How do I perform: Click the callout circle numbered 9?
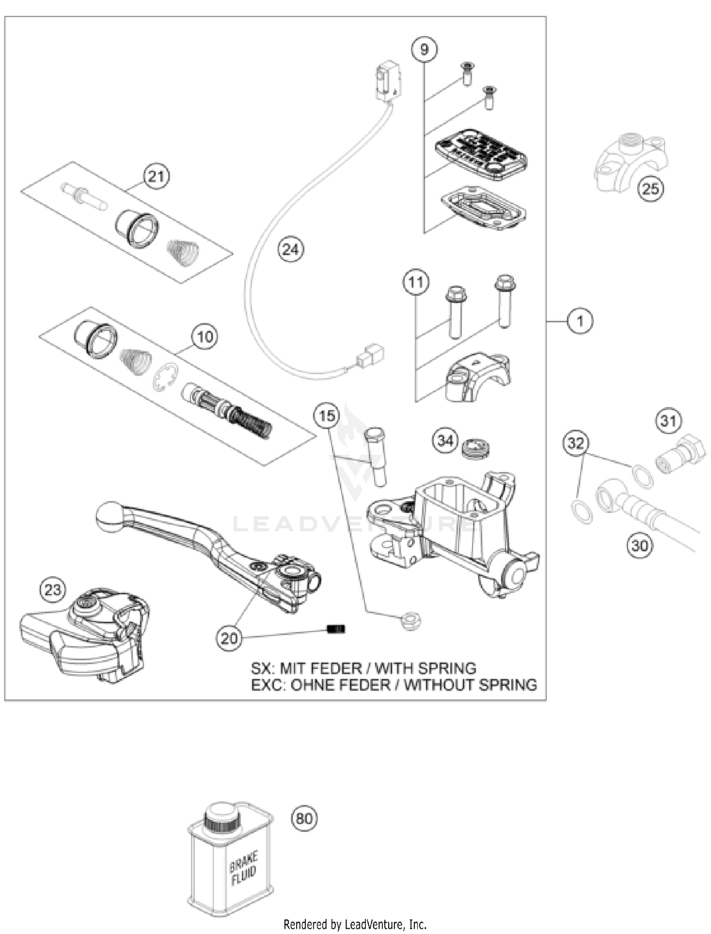point(424,49)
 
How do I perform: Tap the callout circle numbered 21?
point(156,176)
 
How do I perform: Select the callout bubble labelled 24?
point(291,249)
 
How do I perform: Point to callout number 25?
point(650,189)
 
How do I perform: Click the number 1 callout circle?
point(580,321)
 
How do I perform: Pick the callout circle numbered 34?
point(445,440)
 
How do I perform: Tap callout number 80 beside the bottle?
point(304,819)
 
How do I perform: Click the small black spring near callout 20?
point(337,629)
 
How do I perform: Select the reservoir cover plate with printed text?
point(481,154)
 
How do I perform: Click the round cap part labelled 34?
point(476,448)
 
